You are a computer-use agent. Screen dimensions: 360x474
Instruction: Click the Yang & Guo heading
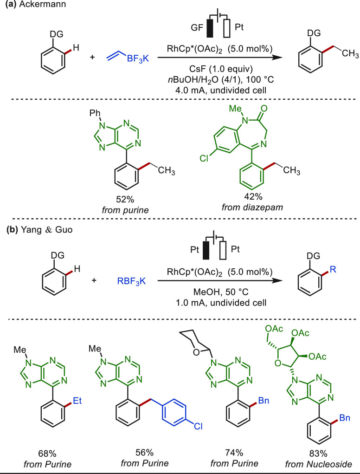click(x=46, y=230)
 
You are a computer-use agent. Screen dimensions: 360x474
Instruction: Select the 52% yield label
click(x=125, y=200)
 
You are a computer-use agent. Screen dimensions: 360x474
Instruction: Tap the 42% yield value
click(x=254, y=197)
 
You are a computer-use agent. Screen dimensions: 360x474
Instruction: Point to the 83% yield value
click(x=318, y=454)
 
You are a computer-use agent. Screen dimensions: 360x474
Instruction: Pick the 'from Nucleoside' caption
click(x=318, y=464)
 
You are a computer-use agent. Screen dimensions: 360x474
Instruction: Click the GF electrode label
click(x=197, y=28)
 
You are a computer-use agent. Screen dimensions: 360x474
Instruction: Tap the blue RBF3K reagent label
click(x=132, y=282)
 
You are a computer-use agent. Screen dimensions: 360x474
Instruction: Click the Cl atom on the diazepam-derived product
click(x=204, y=158)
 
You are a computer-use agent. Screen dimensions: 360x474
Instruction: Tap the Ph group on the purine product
click(x=95, y=114)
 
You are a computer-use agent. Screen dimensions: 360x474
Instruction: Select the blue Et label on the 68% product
click(x=77, y=401)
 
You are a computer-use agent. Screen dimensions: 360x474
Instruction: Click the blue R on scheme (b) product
click(x=333, y=269)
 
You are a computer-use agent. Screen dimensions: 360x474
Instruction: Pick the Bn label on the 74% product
click(x=264, y=401)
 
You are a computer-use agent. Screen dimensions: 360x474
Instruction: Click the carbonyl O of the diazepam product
click(x=264, y=108)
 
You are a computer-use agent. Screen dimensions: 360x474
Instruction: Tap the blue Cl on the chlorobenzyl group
click(x=198, y=426)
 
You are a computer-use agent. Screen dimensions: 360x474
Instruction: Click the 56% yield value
click(x=144, y=453)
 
